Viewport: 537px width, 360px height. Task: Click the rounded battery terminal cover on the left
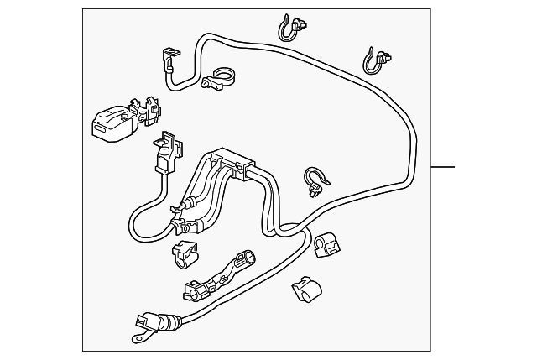pyautogui.click(x=110, y=124)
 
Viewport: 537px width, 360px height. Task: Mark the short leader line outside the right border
pyautogui.click(x=442, y=166)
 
